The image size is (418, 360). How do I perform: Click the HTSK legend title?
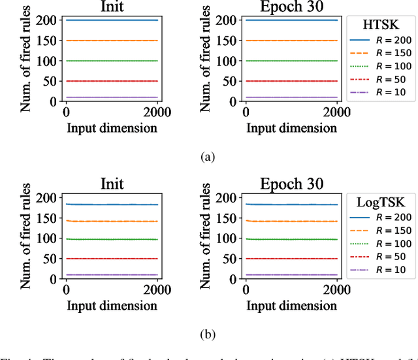click(x=381, y=23)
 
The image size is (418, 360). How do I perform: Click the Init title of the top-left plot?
click(x=115, y=7)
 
